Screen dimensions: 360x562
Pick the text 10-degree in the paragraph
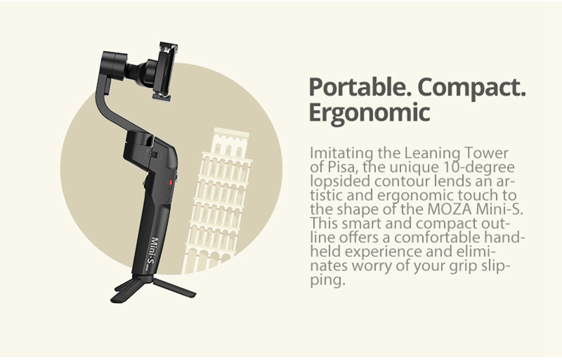click(x=484, y=167)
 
